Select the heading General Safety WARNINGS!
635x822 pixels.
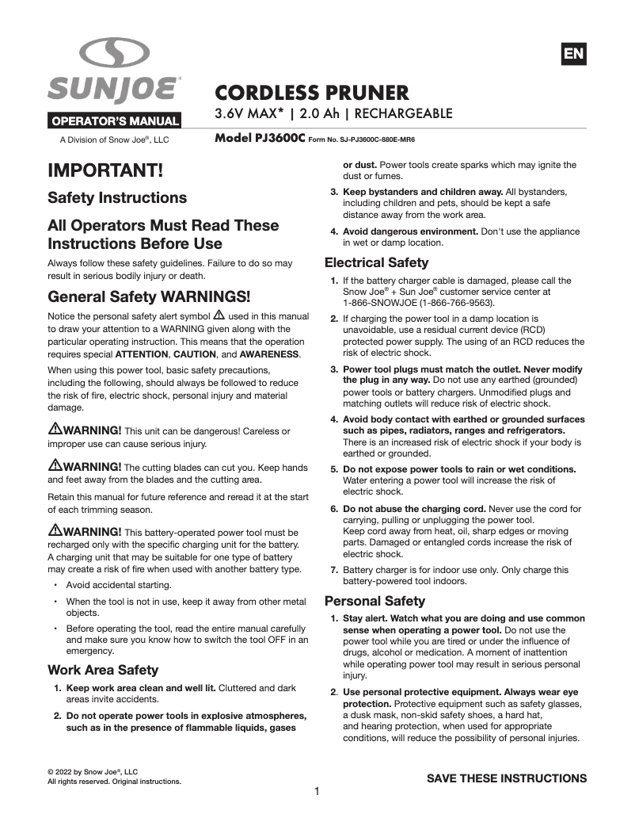pyautogui.click(x=149, y=297)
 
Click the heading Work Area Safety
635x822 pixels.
pyautogui.click(x=103, y=669)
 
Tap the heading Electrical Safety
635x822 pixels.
pyautogui.click(x=377, y=262)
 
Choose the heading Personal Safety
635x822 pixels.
pyautogui.click(x=375, y=600)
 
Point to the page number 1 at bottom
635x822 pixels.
pyautogui.click(x=317, y=791)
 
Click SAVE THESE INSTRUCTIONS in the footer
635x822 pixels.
pyautogui.click(x=507, y=778)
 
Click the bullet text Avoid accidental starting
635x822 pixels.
pyautogui.click(x=119, y=585)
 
